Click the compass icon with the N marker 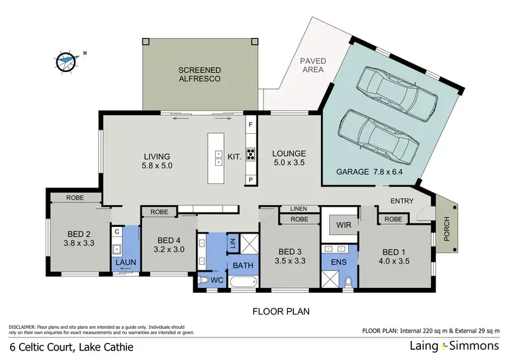66,60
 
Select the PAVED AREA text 313,65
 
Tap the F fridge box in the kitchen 250,126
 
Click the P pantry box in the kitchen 250,179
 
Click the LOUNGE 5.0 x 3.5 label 289,158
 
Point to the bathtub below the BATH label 243,281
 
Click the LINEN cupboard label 299,209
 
